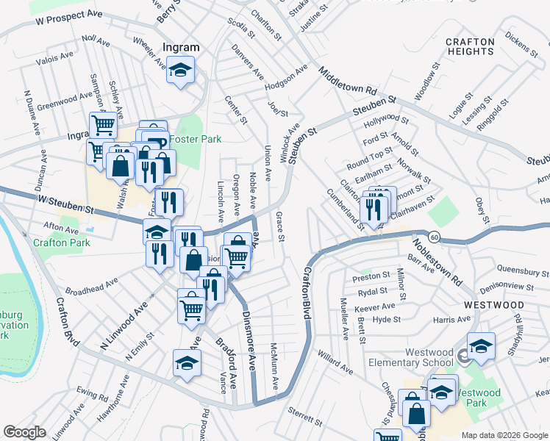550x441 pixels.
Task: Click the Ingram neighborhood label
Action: pos(181,48)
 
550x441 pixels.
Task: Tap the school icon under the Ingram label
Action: pos(180,71)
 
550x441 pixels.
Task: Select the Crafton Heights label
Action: pos(470,46)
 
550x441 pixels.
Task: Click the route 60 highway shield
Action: pos(435,237)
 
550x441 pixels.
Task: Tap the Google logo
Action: pos(24,432)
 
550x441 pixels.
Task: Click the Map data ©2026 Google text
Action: pos(504,435)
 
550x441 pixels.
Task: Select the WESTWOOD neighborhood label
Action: pos(493,304)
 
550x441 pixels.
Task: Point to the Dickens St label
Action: pos(518,44)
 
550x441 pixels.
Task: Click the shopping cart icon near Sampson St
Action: pos(103,126)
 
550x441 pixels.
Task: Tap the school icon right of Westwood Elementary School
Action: pos(481,346)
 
